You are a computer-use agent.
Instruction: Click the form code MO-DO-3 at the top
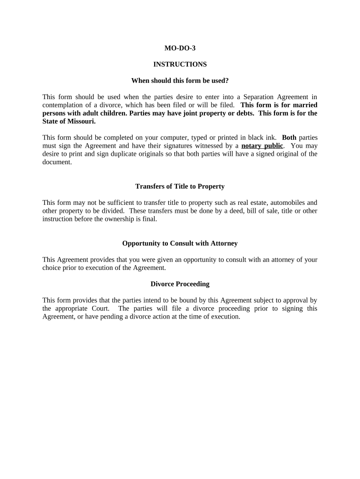tap(180, 48)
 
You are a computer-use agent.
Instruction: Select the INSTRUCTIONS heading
tap(180, 64)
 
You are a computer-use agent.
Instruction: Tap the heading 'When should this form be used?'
tap(180, 80)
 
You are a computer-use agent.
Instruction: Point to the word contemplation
tap(64, 105)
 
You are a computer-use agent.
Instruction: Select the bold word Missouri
tap(80, 121)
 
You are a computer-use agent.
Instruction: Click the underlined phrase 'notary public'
tap(262, 145)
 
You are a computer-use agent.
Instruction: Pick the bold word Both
tap(289, 138)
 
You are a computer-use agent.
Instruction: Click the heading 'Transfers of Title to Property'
tap(180, 186)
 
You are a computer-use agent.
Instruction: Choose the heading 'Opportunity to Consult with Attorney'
tap(180, 243)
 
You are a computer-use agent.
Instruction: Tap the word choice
tap(52, 268)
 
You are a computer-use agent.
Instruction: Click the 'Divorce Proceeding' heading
tap(180, 284)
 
